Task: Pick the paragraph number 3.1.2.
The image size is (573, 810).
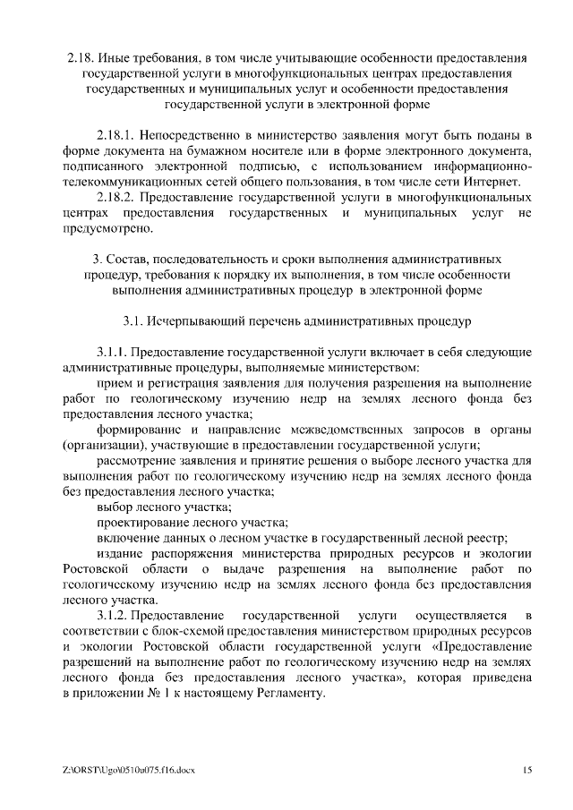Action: click(116, 616)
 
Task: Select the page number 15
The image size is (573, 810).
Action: click(526, 769)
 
